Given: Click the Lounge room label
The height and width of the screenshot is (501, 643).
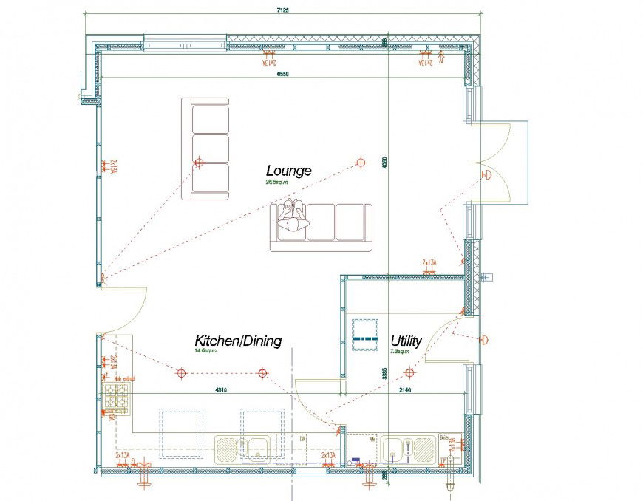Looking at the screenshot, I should tap(288, 171).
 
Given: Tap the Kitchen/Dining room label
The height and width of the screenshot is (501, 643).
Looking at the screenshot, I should tap(237, 341).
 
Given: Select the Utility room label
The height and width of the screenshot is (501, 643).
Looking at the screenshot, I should tap(406, 341).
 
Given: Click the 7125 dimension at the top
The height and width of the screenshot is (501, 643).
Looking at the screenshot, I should tap(283, 10).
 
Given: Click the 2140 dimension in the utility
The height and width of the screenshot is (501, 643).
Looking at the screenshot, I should tap(405, 389).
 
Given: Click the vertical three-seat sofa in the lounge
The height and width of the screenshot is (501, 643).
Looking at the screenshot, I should tap(205, 149).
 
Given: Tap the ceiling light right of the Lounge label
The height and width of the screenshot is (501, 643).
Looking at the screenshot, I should tap(361, 162).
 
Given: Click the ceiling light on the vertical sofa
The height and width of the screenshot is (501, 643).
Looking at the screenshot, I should tap(198, 162).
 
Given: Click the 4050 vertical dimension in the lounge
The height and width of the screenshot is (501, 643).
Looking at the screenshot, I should tap(385, 166).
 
